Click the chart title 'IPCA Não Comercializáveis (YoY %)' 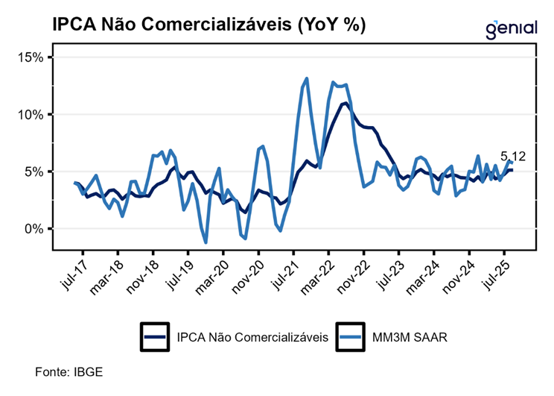pos(208,25)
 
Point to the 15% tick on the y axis pos(34,57)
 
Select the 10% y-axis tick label pos(34,115)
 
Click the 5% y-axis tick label pos(37,172)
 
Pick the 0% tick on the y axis pos(37,229)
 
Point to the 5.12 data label pos(513,157)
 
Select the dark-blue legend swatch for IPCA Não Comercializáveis pos(154,337)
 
